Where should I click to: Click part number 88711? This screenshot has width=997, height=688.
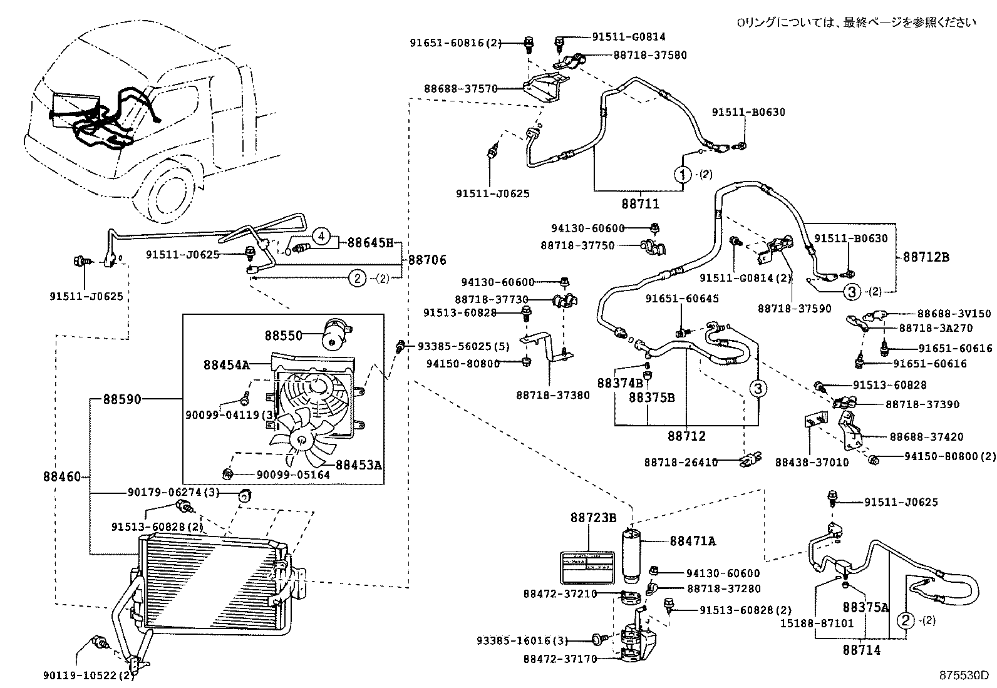click(x=640, y=203)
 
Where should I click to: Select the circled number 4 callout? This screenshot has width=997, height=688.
click(x=321, y=236)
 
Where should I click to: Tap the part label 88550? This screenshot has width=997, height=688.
click(x=283, y=336)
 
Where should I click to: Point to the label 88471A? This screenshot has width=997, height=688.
click(x=692, y=541)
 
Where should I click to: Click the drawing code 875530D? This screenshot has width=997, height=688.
click(x=963, y=675)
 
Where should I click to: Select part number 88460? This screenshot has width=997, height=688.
click(x=62, y=477)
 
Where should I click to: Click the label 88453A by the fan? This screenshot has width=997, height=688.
click(x=359, y=465)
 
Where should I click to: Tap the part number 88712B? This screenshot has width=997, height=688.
click(x=926, y=257)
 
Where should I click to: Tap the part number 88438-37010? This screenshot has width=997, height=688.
click(x=812, y=463)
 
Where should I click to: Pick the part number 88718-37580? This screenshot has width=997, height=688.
click(x=650, y=55)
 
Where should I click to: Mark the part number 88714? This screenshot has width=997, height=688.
click(x=861, y=650)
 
